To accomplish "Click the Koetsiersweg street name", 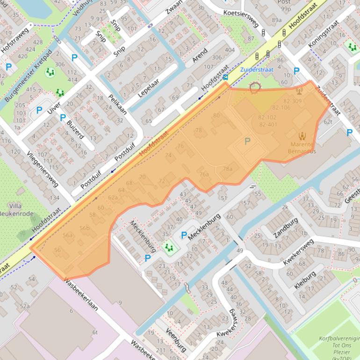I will (241, 13).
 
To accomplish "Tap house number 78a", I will (228, 169).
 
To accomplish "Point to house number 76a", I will (204, 174).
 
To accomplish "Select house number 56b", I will (84, 228).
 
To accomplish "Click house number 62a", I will (113, 197).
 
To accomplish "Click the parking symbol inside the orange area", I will (247, 141).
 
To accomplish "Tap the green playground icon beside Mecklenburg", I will (168, 247).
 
